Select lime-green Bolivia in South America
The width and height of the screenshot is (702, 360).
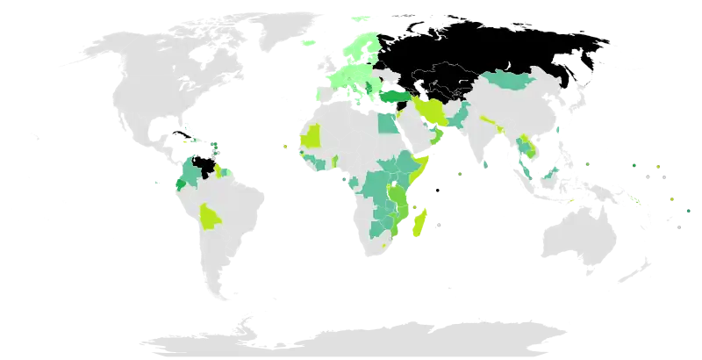[211, 215]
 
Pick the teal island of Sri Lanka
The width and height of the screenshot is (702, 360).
[485, 164]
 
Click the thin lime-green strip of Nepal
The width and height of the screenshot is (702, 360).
[488, 118]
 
